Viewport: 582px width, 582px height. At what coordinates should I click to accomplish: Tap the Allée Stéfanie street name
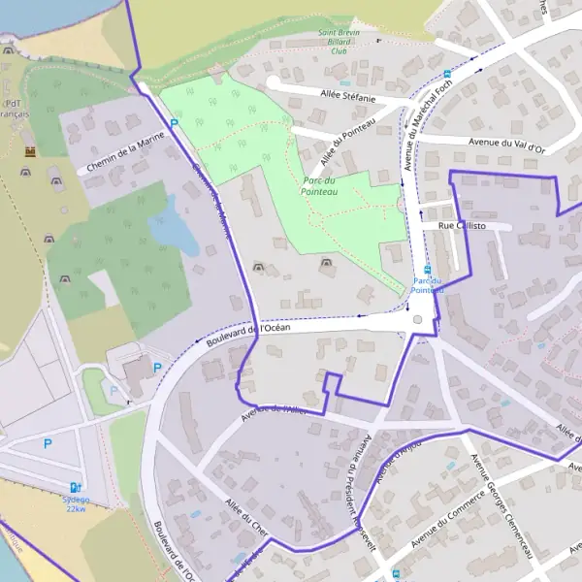click(x=346, y=95)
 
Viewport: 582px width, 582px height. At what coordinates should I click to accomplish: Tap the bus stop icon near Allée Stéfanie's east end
click(x=447, y=74)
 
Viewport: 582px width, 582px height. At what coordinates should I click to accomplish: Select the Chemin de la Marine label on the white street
click(x=124, y=153)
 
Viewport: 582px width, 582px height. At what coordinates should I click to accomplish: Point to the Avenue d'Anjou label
click(x=398, y=463)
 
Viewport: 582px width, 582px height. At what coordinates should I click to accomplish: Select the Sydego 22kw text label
click(x=76, y=504)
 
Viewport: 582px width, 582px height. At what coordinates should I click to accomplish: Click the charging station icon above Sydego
click(x=76, y=488)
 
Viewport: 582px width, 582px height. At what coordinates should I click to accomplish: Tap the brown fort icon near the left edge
click(x=31, y=152)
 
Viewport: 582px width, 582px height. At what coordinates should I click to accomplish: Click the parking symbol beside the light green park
click(x=175, y=123)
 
